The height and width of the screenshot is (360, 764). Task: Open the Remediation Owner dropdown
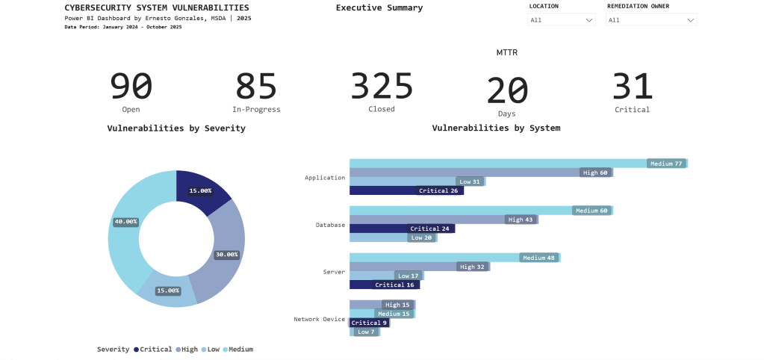(x=650, y=20)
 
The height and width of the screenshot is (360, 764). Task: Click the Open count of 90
(x=131, y=87)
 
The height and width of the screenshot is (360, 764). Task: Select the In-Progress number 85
(x=256, y=87)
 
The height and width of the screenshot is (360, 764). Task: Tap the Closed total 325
(x=382, y=87)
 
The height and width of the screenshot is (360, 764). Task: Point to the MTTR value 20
(x=507, y=91)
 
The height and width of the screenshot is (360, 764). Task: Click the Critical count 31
(x=632, y=87)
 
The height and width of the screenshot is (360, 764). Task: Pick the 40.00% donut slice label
(x=125, y=222)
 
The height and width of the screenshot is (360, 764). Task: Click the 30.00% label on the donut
(x=226, y=255)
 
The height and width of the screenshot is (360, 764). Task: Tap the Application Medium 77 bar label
(x=666, y=164)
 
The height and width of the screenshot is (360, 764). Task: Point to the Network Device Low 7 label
(x=366, y=332)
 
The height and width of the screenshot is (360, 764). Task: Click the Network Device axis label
(x=319, y=319)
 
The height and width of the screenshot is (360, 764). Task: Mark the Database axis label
(x=330, y=224)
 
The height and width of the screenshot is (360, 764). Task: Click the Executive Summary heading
(x=379, y=8)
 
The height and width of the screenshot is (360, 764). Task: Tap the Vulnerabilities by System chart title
(x=496, y=128)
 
